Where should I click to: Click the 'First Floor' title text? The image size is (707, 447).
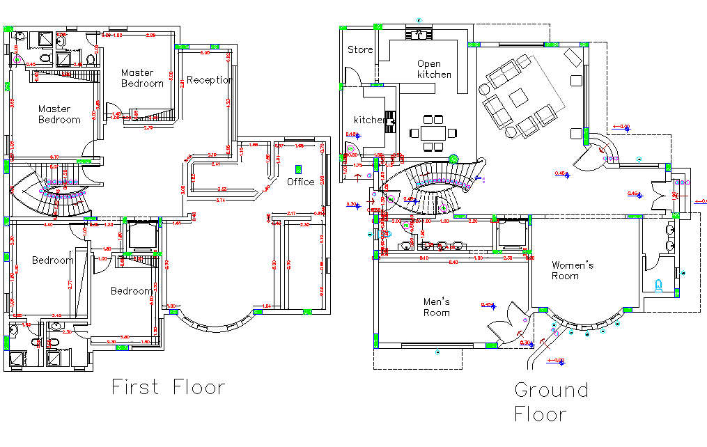point(169,388)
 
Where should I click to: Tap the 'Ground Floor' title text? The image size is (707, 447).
point(550,401)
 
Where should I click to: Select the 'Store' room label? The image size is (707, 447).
point(360,49)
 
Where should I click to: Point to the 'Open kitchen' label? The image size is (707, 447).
point(434,69)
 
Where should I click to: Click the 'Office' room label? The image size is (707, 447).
point(301,182)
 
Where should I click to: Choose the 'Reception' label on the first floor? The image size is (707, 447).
point(209,80)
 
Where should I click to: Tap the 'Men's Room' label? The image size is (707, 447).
point(437,307)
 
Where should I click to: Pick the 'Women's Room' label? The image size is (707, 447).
point(572,270)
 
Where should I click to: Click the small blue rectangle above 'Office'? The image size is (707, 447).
point(299,169)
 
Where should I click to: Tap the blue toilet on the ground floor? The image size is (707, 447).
point(659,285)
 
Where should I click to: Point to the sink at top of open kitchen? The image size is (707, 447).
point(419,33)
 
